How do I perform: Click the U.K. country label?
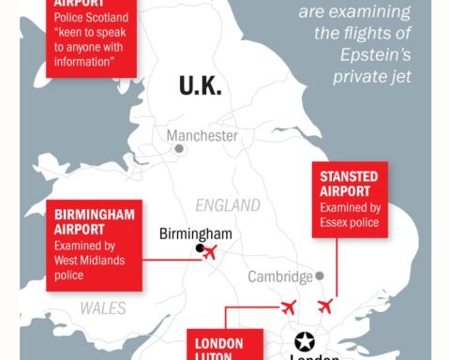(201, 85)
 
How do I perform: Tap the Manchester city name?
(202, 136)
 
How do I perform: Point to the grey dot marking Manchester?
(178, 148)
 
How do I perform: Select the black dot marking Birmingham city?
(199, 248)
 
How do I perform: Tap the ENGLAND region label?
(229, 205)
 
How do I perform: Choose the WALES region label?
(103, 307)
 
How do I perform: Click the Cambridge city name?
(279, 277)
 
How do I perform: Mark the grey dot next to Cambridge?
(320, 276)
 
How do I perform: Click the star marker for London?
(305, 341)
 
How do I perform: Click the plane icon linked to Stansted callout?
(325, 306)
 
